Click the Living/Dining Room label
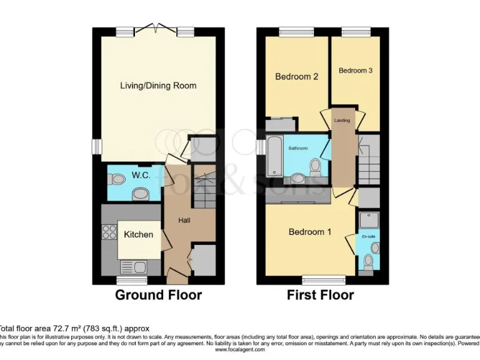coord(158,86)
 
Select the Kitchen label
coord(138,234)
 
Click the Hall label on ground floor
coord(184,220)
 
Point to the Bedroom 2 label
coord(297,77)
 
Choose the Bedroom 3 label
coord(356,71)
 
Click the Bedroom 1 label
coord(309,232)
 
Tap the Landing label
coord(342,120)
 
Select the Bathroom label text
coord(297,148)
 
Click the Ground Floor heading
coord(158,295)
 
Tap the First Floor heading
coord(320,295)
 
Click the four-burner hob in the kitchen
coord(108,232)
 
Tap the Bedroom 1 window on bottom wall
coord(324,279)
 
